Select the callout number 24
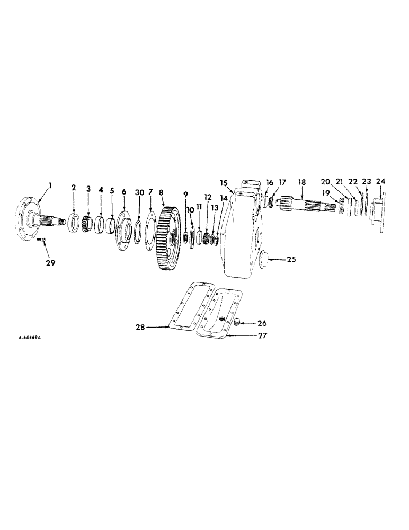380,182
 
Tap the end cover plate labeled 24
379,209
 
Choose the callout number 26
263,322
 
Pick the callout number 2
74,187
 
